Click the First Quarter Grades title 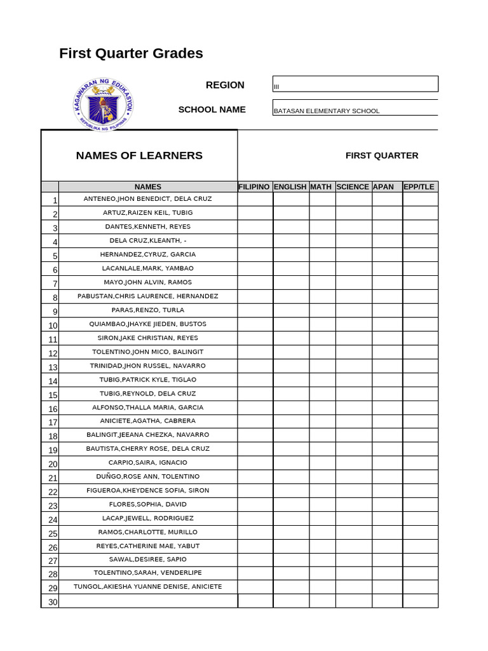[x=131, y=53]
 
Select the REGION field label [x=225, y=85]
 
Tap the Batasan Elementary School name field [x=355, y=109]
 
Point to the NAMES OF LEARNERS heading [x=139, y=156]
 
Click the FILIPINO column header [x=255, y=187]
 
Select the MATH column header [x=322, y=187]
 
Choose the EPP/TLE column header [x=419, y=187]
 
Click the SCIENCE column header [x=353, y=187]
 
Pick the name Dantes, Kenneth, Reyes [x=147, y=227]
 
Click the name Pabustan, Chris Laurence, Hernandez [x=147, y=296]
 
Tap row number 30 [x=52, y=602]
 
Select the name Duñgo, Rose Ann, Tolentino [x=147, y=477]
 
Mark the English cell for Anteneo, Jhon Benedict [x=291, y=199]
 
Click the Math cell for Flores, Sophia [x=322, y=505]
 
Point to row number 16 [x=52, y=409]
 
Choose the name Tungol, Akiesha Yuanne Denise [x=147, y=587]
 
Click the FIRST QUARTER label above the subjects [x=382, y=156]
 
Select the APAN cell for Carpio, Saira [x=387, y=463]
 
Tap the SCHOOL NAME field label [x=212, y=109]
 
